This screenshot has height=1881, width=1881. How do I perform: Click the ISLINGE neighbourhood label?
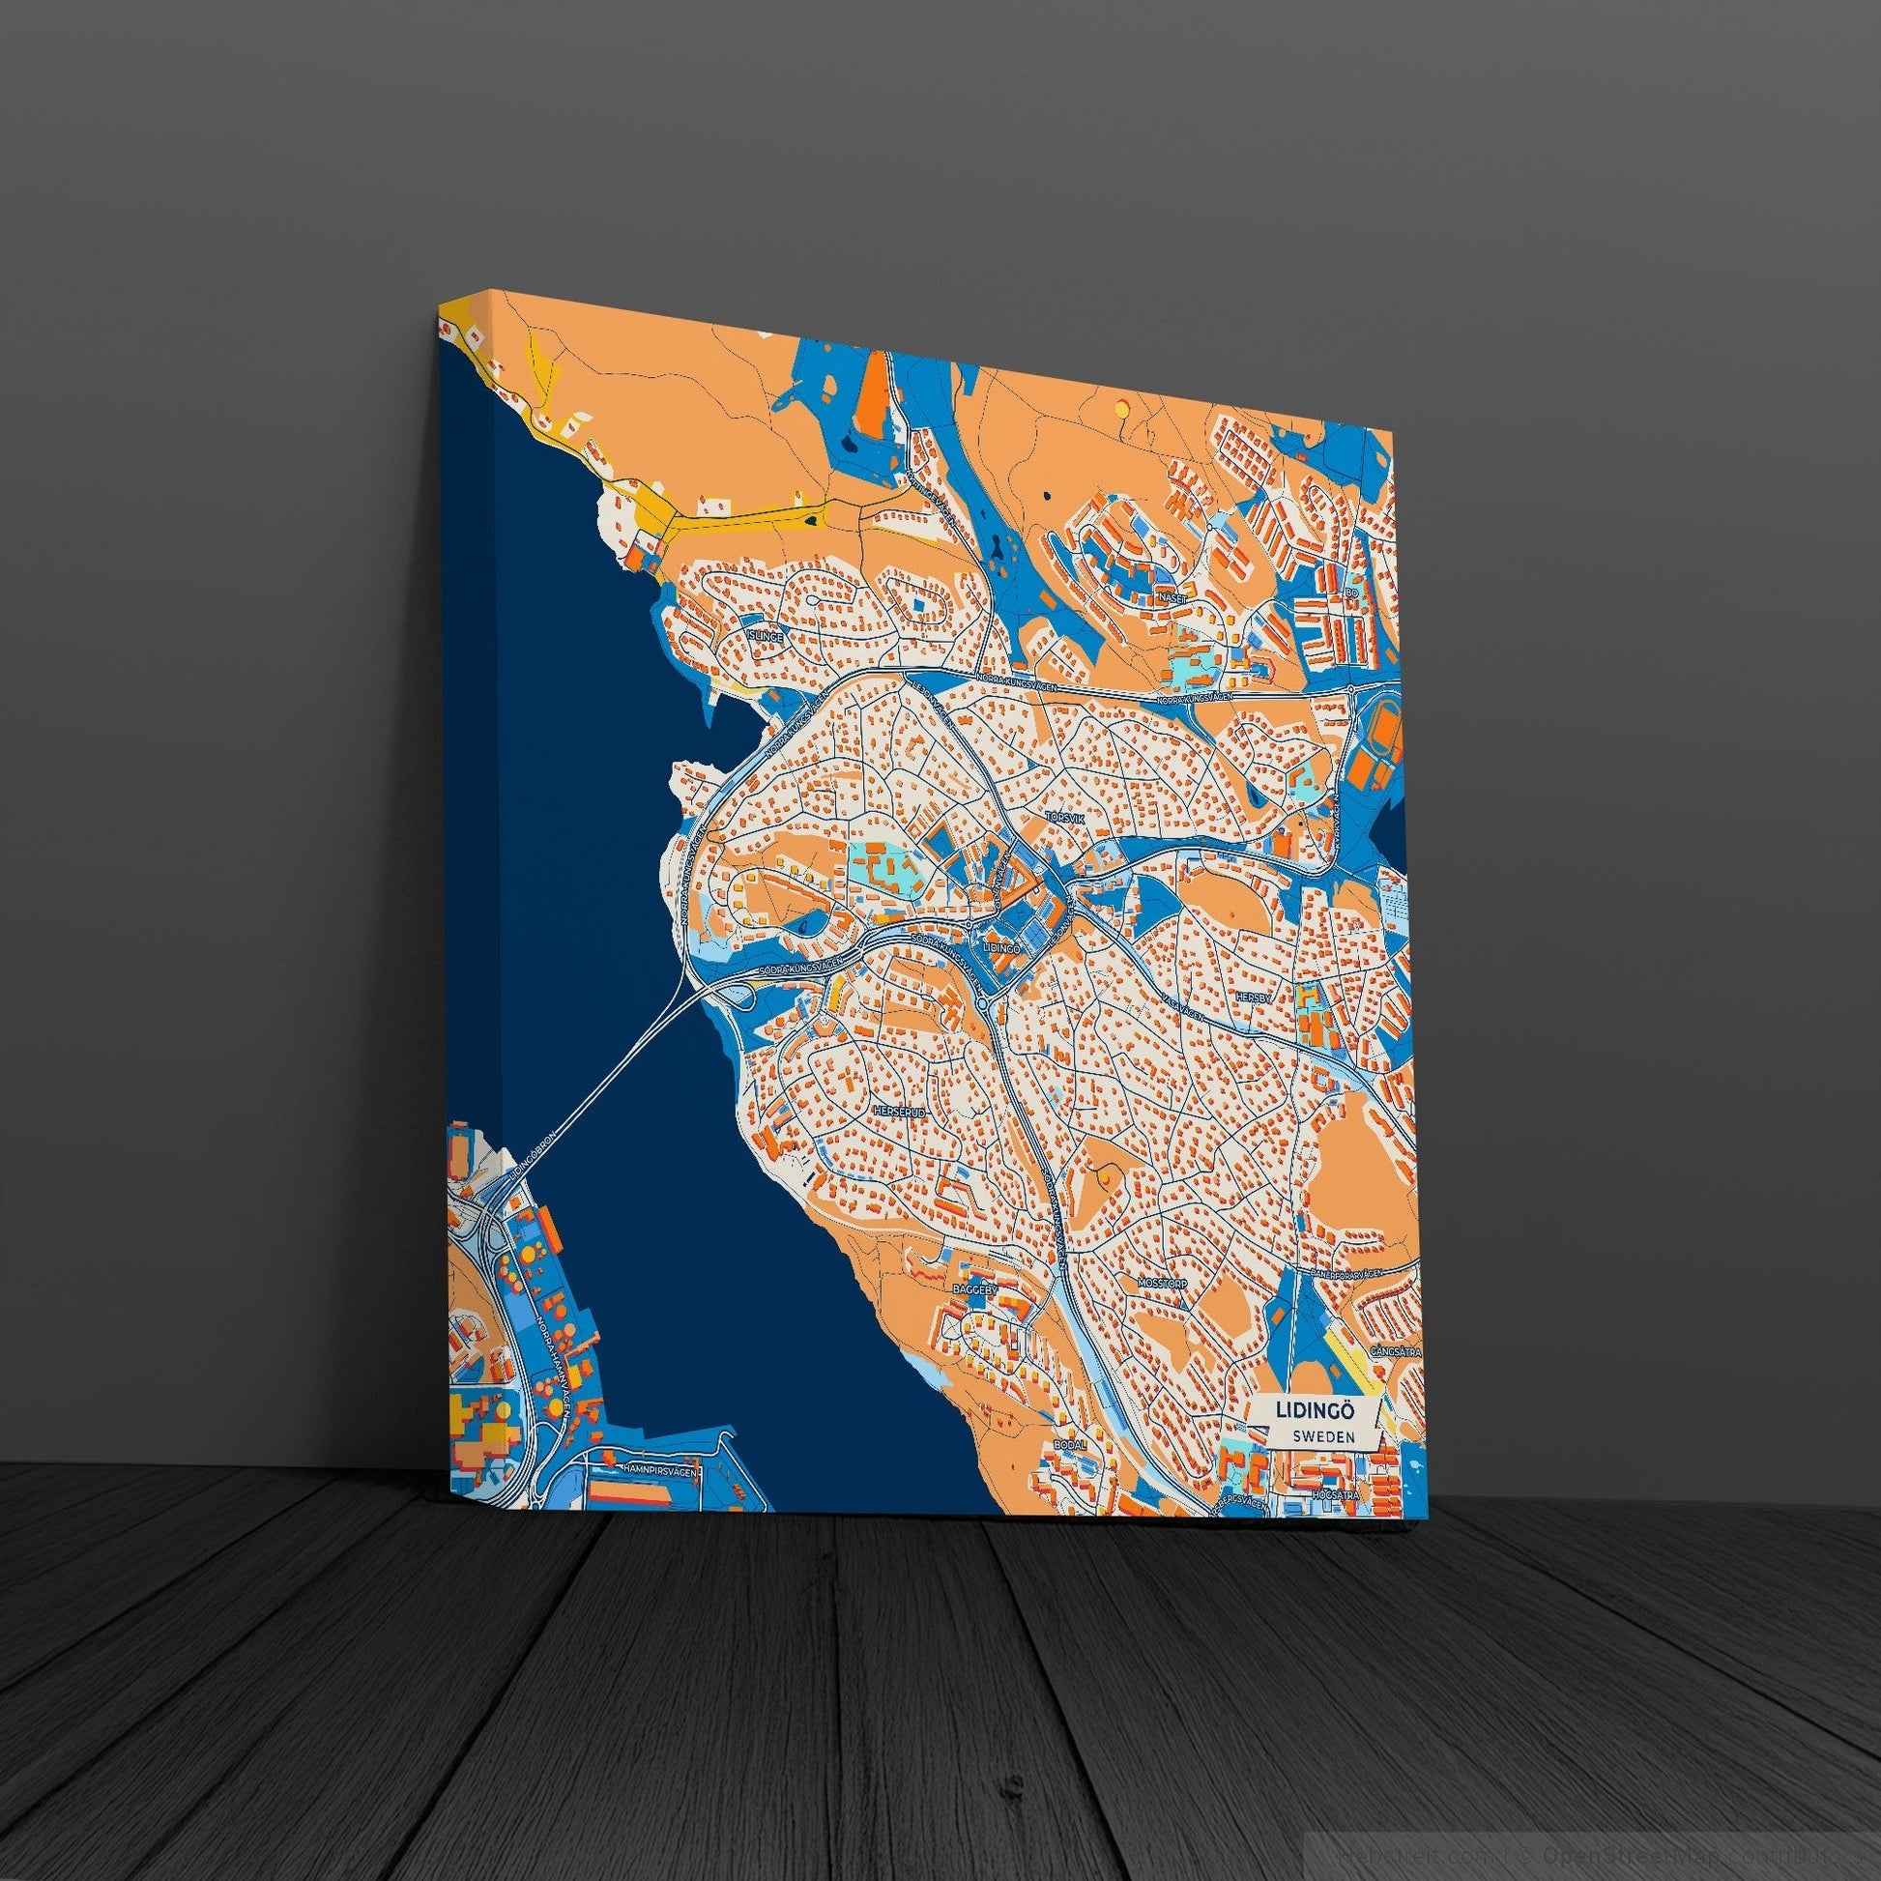coord(765,634)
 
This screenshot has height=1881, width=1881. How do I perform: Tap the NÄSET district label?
coord(1171,597)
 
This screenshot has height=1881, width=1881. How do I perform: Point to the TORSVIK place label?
coord(1063,818)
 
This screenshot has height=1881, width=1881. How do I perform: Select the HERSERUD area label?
coord(898,1110)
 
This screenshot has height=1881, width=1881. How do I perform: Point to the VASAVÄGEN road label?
coord(1182,1009)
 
